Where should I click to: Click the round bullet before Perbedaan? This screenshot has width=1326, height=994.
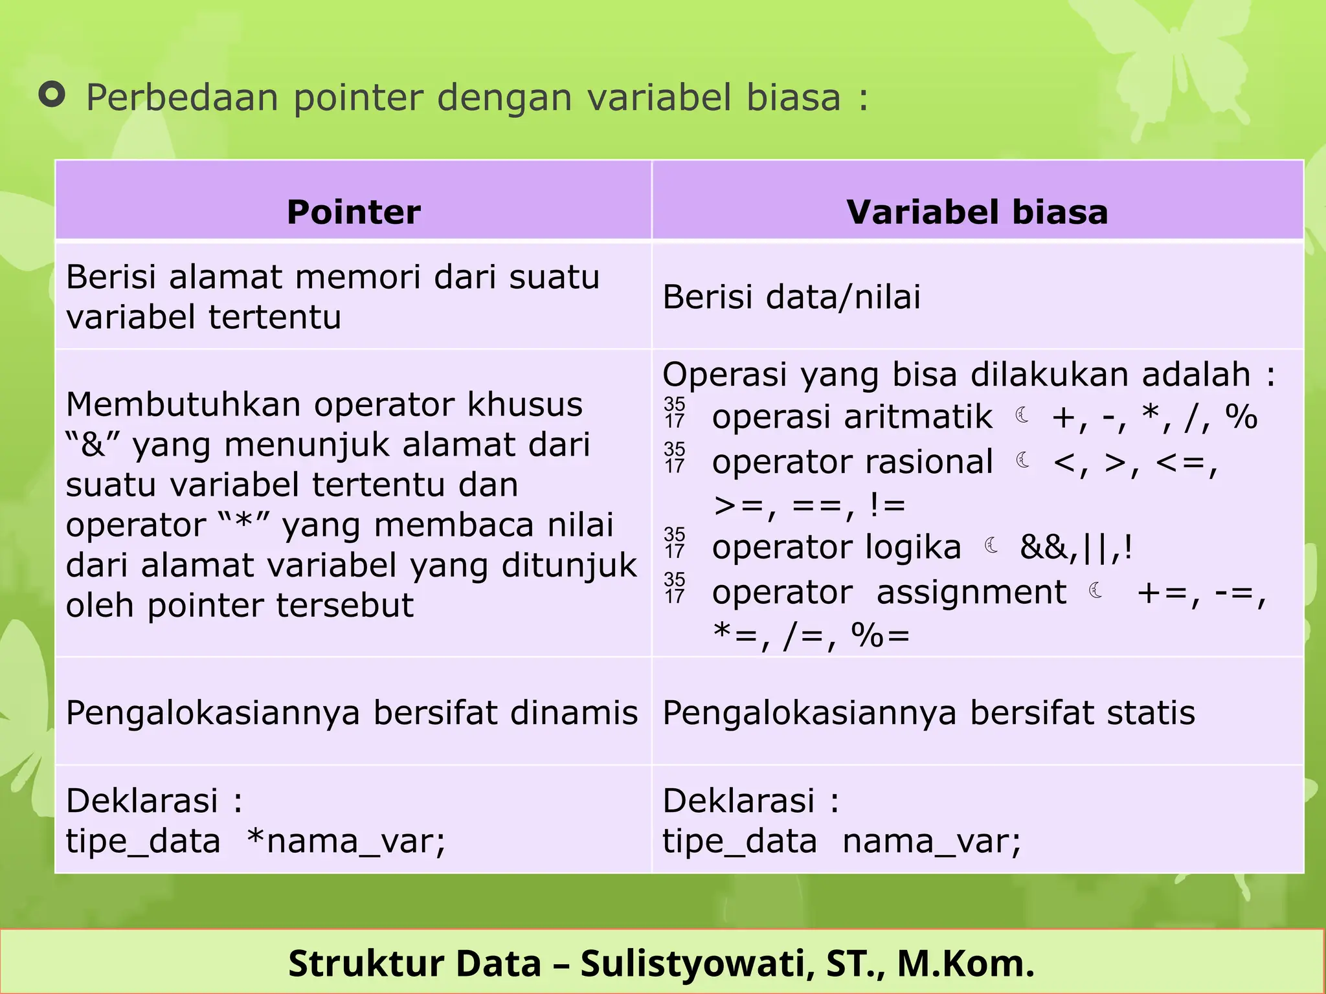(52, 95)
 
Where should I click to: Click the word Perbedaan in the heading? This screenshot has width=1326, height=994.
(183, 98)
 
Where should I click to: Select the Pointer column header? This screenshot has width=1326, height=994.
(354, 212)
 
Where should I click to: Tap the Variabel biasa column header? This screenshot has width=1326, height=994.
(977, 212)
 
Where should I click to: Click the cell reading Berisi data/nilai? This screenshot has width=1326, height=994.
(791, 297)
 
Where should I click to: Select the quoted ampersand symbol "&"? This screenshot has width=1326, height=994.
(94, 445)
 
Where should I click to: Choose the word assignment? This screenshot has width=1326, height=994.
(971, 592)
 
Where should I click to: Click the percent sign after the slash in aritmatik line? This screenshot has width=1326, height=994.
(1241, 417)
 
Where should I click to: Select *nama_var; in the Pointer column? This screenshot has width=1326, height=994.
(346, 841)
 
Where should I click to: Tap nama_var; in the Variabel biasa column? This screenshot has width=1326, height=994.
(931, 841)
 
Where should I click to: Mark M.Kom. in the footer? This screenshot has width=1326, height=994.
(965, 963)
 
